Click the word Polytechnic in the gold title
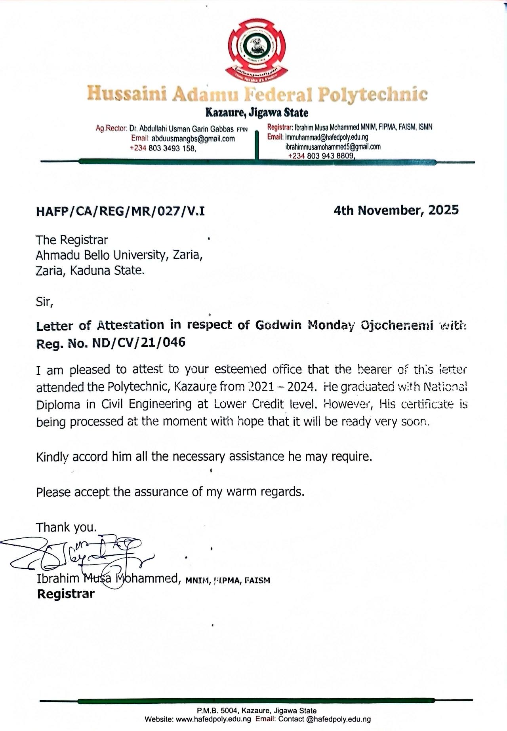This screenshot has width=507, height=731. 373,95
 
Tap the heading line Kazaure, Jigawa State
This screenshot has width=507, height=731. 256,113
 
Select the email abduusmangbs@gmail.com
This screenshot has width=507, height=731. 193,139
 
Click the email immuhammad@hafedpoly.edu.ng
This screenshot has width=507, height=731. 326,137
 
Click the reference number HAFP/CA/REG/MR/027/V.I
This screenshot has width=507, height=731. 120,211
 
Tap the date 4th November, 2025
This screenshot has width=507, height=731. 396,210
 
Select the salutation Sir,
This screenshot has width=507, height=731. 44,302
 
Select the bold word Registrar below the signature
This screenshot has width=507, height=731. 66,594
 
